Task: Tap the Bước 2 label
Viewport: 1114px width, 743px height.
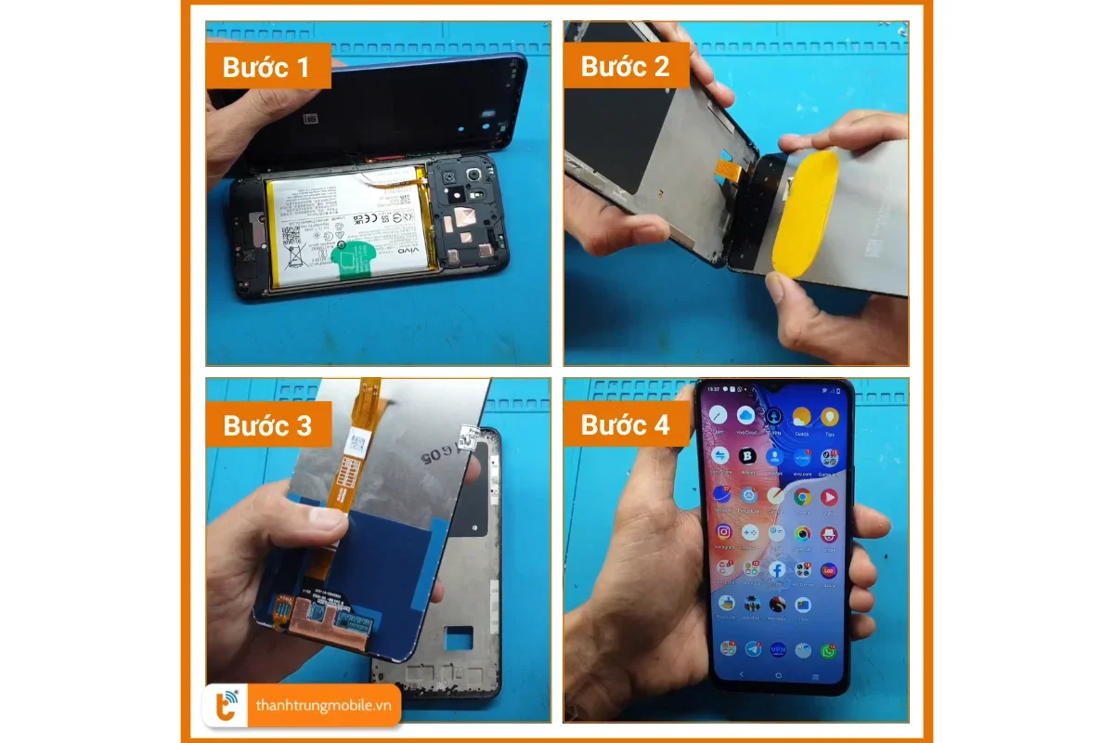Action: point(625,67)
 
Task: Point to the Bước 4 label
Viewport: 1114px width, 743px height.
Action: point(625,425)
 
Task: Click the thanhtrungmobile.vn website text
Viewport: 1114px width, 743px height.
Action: point(322,706)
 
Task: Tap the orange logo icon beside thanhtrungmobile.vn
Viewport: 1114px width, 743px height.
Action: point(226,706)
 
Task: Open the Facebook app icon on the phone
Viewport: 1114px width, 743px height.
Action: point(776,568)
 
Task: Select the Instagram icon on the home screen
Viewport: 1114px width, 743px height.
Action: point(723,533)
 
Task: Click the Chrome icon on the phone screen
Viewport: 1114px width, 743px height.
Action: point(802,497)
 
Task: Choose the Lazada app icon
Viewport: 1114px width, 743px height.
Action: point(829,568)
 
